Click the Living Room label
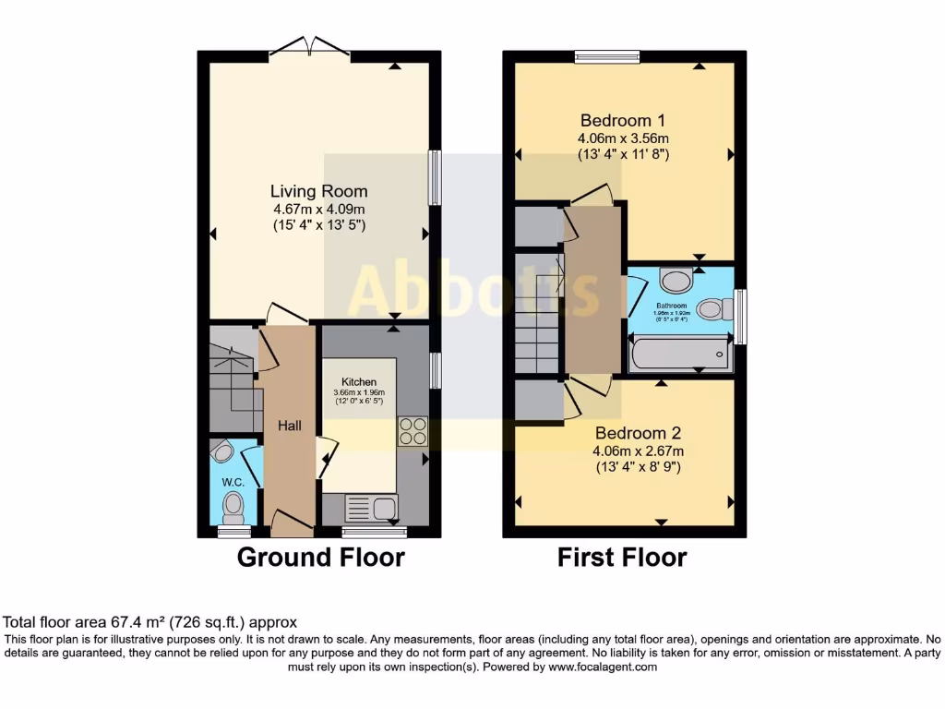pos(318,192)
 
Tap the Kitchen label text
pos(358,382)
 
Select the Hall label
pos(290,425)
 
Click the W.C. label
pos(232,482)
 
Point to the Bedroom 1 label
pos(623,120)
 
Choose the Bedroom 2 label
pos(638,433)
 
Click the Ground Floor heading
pos(320,558)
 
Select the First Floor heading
pos(622,558)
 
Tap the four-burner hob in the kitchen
pos(412,432)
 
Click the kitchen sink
pos(369,507)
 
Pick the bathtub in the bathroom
pos(680,354)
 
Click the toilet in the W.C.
pos(234,506)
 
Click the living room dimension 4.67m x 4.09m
pos(318,209)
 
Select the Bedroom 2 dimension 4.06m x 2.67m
pos(638,451)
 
